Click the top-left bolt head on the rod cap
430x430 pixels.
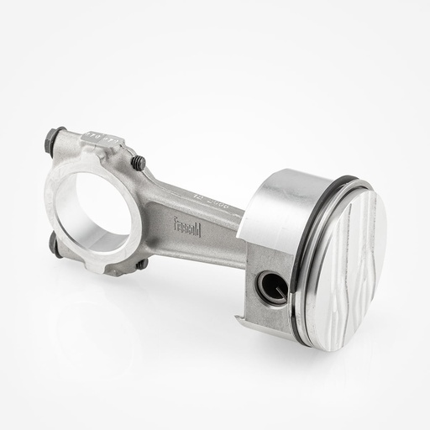pos(57,134)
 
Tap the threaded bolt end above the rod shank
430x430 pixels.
pos(139,162)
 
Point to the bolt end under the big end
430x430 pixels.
pos(141,264)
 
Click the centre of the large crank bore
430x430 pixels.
pos(99,205)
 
